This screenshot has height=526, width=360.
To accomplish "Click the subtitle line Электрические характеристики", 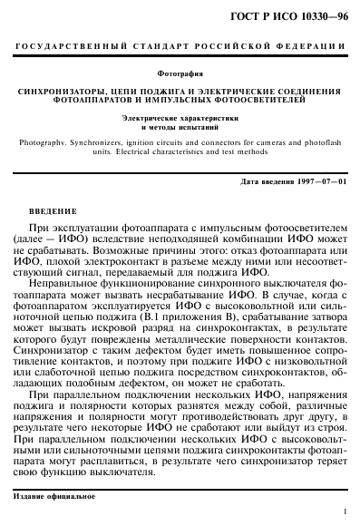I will pyautogui.click(x=180, y=119).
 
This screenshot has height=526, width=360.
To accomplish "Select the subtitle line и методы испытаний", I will pyautogui.click(x=180, y=128).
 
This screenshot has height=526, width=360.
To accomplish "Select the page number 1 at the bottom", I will pyautogui.click(x=346, y=512).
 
